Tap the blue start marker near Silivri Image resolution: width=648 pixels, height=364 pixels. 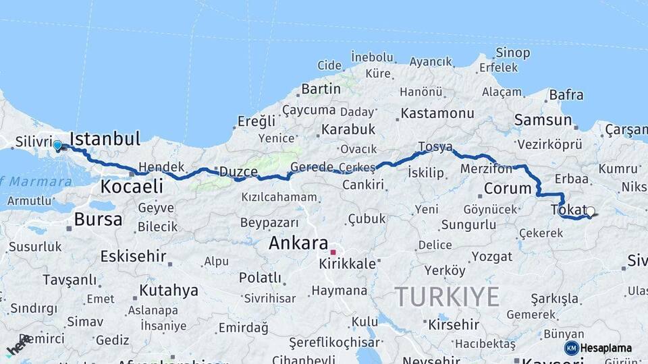[57, 145]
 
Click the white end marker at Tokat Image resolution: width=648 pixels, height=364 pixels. [591, 212]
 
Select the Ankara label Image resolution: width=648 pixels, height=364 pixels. [298, 243]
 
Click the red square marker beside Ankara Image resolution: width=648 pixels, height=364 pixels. [333, 252]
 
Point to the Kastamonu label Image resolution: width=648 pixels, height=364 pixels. [437, 113]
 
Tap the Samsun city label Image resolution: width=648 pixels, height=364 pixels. [543, 120]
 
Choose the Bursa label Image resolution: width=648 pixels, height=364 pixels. [98, 219]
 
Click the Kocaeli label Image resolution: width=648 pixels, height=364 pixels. [132, 186]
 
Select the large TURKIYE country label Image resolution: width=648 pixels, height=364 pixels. [447, 297]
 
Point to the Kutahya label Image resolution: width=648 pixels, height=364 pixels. [168, 291]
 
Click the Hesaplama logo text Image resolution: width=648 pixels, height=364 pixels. [606, 348]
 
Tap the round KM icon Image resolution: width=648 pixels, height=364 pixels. [571, 348]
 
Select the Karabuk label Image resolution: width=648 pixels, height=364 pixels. [348, 129]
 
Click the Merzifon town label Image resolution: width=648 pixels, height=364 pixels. [487, 169]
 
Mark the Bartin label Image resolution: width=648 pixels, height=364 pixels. [321, 89]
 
